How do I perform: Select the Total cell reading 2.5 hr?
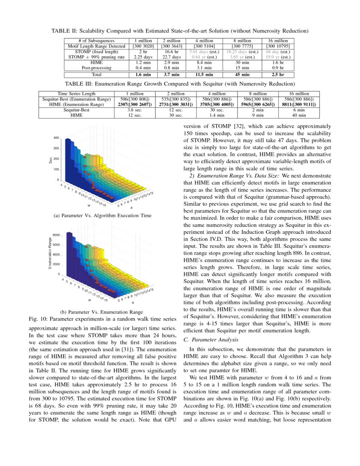[x=278, y=74]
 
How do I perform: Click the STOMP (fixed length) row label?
[x=96, y=51]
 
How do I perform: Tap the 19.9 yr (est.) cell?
[x=278, y=57]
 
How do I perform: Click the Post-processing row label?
[x=96, y=67]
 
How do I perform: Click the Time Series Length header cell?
[x=77, y=94]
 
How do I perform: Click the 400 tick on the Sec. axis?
[x=56, y=138]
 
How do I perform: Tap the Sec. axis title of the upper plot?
[x=50, y=159]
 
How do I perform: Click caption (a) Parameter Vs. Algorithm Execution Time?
[x=102, y=216]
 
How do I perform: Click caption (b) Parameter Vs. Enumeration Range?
[x=102, y=311]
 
